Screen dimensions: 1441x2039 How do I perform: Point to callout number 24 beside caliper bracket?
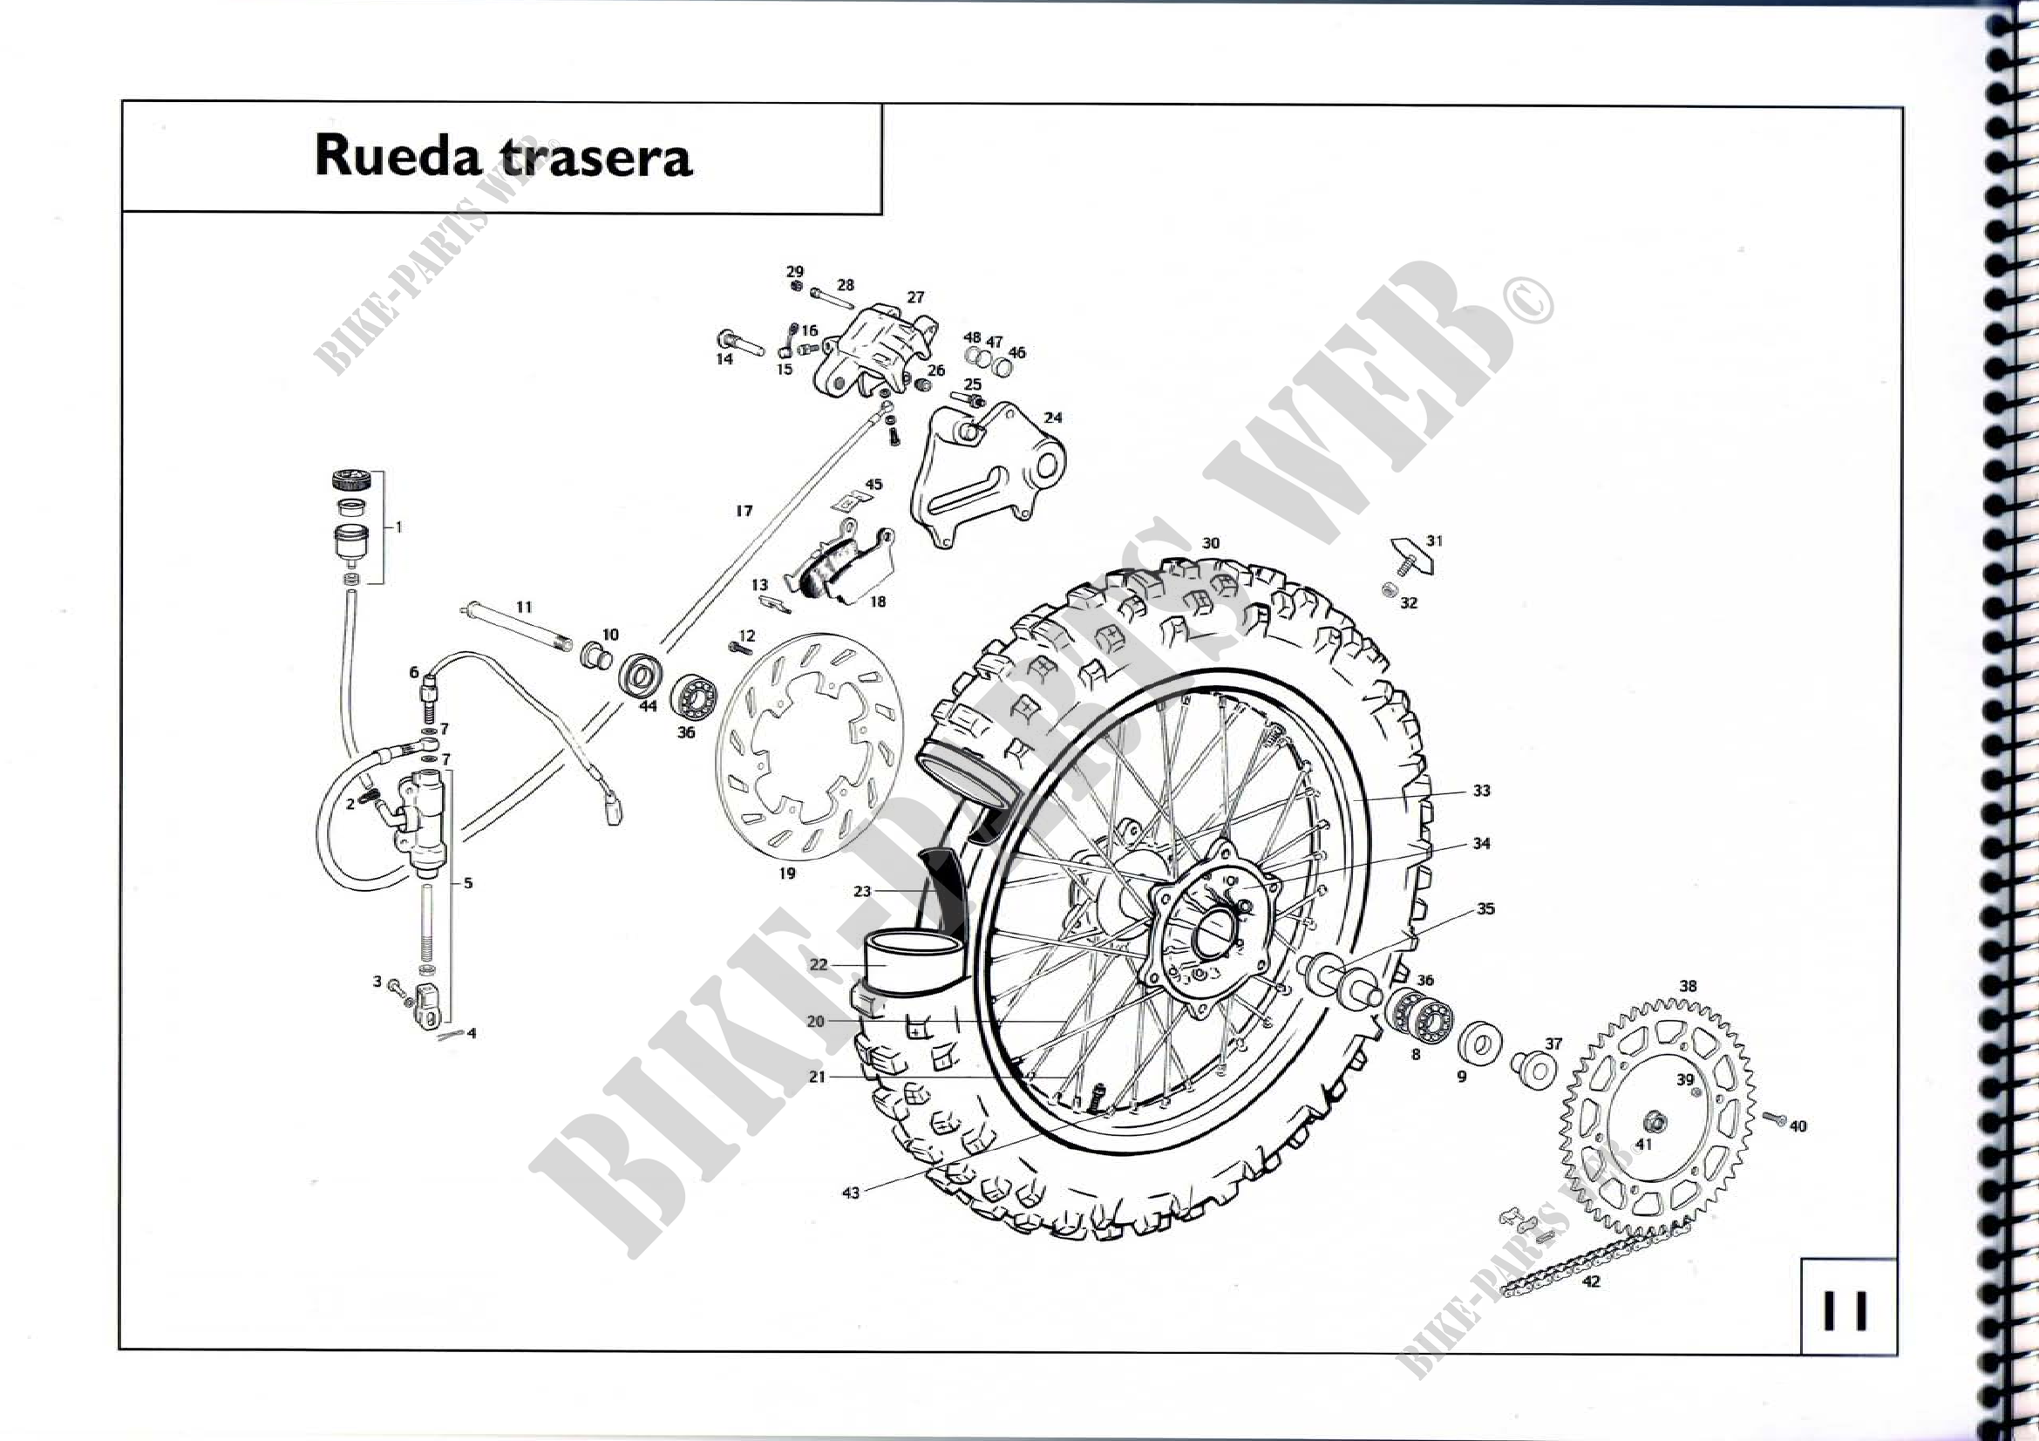[1053, 418]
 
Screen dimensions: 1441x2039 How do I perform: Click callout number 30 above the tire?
[1211, 543]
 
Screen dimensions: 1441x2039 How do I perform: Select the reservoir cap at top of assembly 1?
[350, 481]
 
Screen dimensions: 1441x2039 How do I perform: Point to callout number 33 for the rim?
[1481, 790]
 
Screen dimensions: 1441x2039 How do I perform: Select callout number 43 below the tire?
[851, 1193]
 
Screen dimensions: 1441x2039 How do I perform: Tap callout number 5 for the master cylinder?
[468, 883]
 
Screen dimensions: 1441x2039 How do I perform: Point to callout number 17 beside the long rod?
[744, 511]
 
